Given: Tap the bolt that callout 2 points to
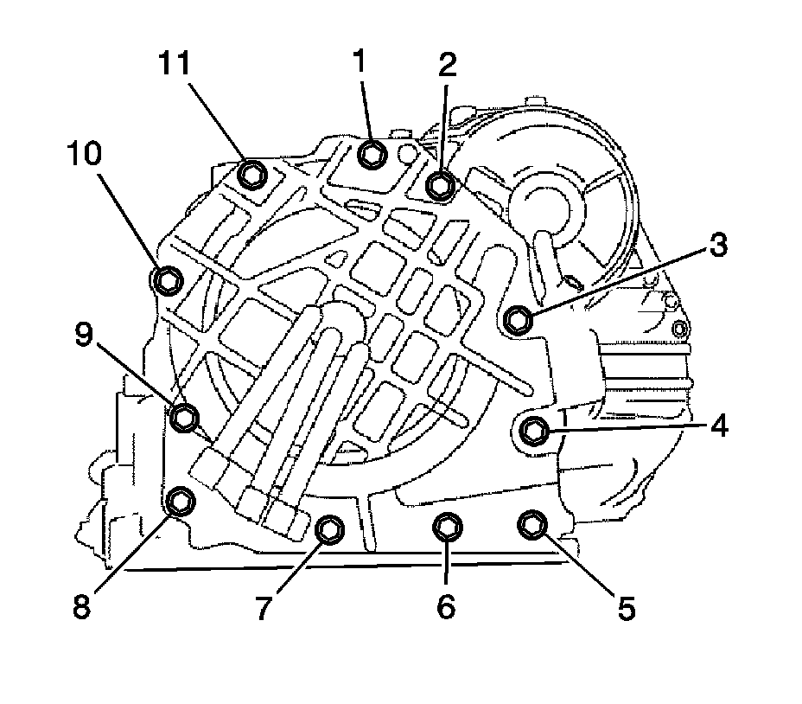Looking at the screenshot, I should (x=442, y=185).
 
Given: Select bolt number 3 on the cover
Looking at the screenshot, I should (x=518, y=319).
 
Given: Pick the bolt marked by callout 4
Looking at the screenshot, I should (x=535, y=429).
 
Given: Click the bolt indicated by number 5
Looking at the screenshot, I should (x=531, y=524).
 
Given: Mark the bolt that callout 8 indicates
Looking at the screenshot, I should (x=181, y=500).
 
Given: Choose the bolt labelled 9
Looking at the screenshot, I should (x=184, y=418).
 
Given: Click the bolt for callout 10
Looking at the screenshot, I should (x=168, y=279).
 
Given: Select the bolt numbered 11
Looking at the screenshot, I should (x=251, y=176).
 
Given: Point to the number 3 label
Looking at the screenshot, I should (x=716, y=246).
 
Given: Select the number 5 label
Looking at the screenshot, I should (x=626, y=608).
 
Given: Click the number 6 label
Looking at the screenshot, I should (x=446, y=608).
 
